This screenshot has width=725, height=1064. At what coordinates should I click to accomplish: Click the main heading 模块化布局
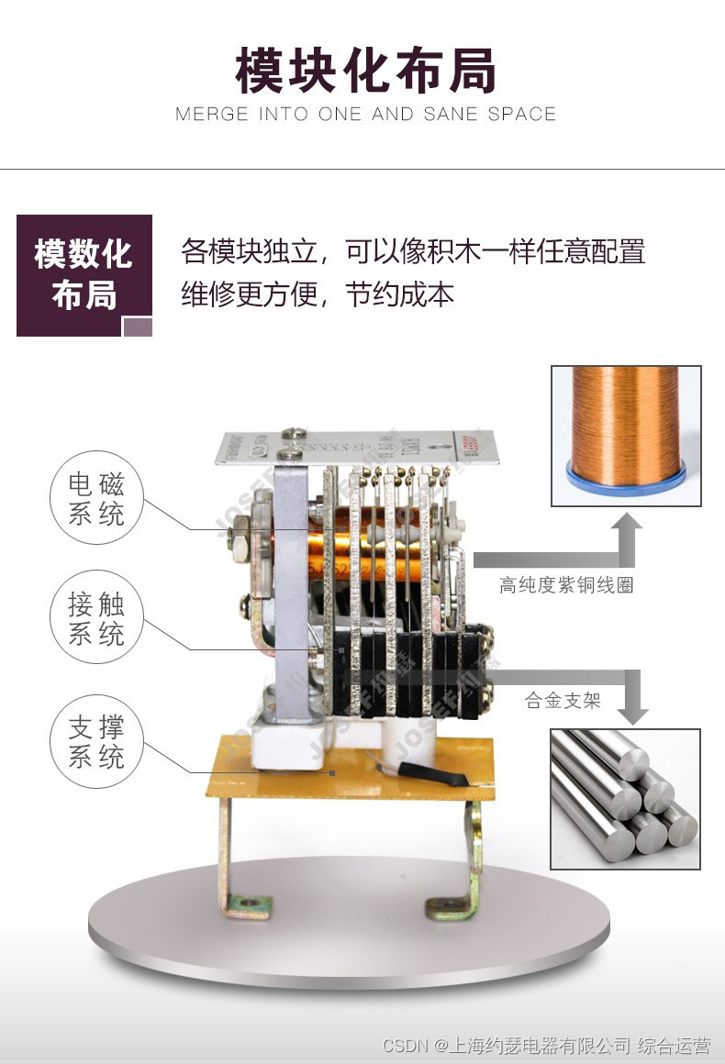point(365,72)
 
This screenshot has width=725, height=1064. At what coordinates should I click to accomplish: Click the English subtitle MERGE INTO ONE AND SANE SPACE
point(365,115)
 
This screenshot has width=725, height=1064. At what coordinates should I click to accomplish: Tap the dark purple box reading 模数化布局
point(84,274)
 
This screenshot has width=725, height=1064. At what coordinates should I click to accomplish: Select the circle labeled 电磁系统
point(96,499)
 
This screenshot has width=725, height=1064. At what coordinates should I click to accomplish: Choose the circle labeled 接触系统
point(96,618)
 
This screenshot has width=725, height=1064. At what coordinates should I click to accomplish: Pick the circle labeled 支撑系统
point(96,742)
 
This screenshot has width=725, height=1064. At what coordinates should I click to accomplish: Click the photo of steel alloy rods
point(625,798)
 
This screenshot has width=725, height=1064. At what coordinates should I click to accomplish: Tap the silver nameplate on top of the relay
point(358,447)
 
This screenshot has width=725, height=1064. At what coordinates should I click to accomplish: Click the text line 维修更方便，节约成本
point(318,295)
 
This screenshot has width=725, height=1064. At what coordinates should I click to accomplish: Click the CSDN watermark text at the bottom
point(546,1046)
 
